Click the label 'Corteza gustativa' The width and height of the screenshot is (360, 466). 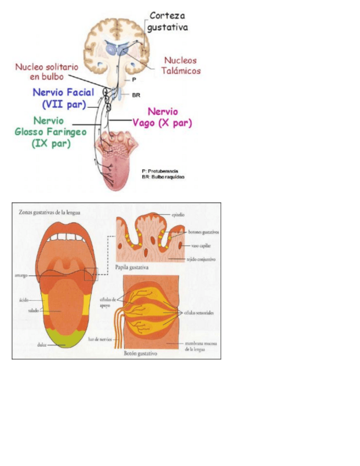[x=168, y=21]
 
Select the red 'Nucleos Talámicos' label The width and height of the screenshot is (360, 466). [x=181, y=65]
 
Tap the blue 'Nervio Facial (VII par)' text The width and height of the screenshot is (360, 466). [x=63, y=98]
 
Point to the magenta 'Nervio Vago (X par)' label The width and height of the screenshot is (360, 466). [x=163, y=118]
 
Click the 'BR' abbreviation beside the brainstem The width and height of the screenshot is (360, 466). [x=136, y=95]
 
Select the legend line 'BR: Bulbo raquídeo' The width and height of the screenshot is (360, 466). [x=163, y=177]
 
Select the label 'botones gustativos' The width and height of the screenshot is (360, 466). [x=200, y=232]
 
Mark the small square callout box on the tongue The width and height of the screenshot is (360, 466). [x=91, y=274]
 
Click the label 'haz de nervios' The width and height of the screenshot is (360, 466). [x=99, y=339]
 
